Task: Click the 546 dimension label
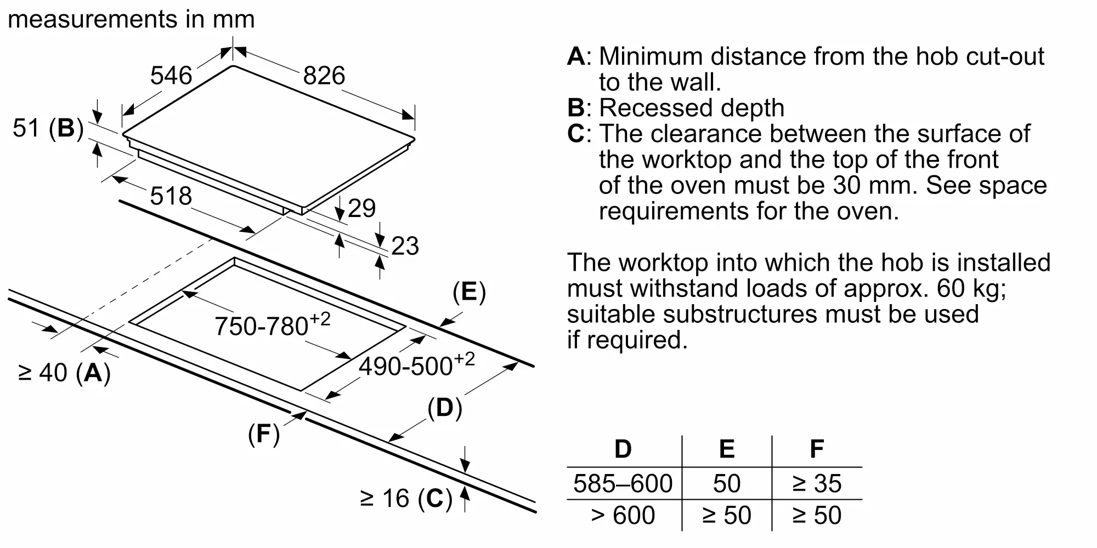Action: click(171, 76)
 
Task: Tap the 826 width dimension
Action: click(324, 76)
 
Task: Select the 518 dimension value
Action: click(171, 196)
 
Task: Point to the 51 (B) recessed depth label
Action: click(48, 128)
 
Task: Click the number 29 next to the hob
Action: click(362, 208)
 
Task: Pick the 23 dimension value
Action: click(405, 246)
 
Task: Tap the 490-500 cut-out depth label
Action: click(416, 364)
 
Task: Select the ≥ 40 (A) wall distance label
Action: click(65, 373)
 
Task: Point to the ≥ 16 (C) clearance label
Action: click(406, 499)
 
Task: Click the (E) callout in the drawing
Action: click(469, 292)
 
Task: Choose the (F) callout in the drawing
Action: click(264, 434)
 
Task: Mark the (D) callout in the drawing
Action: click(445, 408)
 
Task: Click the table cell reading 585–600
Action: click(623, 483)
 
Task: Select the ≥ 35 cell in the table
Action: click(816, 483)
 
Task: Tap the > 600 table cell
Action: click(623, 515)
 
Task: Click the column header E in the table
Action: click(726, 449)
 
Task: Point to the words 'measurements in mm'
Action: click(131, 20)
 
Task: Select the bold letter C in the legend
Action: click(576, 134)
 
